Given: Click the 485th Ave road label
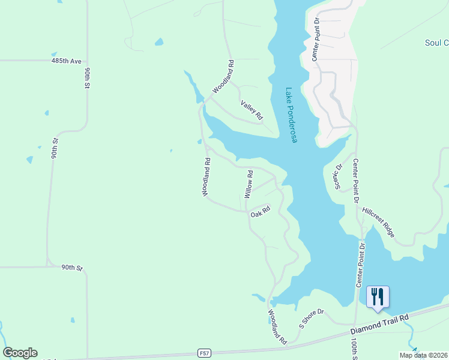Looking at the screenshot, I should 66,61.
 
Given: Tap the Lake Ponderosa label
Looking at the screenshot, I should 291,116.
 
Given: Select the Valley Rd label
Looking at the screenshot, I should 252,109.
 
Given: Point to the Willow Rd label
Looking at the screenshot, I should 249,184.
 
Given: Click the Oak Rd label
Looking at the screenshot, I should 261,212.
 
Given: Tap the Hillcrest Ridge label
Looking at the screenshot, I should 378,223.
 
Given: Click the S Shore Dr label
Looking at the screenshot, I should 312,319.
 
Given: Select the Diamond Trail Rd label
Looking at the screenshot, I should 379,324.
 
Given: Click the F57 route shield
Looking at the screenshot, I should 205,353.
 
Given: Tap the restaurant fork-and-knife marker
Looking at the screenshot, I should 378,297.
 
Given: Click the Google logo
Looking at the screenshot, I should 20,353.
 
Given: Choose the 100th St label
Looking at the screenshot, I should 355,349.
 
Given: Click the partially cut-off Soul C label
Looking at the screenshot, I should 436,43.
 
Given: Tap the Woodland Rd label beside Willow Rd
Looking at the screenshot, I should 206,177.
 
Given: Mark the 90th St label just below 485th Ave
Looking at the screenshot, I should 87,79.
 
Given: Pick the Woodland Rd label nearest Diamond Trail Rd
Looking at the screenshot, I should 277,327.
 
